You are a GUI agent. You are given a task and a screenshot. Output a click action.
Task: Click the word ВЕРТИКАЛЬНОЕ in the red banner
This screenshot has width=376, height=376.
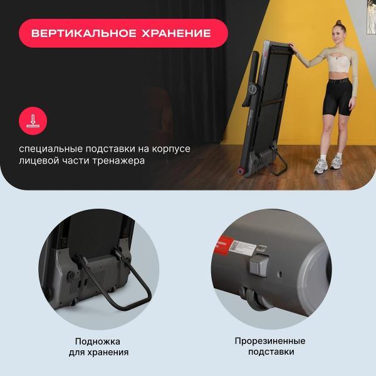pyautogui.click(x=84, y=33)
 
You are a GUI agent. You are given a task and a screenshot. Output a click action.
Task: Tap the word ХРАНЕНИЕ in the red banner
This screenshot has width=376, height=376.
pyautogui.click(x=176, y=33)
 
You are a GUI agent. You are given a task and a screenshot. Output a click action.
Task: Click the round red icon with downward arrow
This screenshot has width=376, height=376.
pyautogui.click(x=33, y=120)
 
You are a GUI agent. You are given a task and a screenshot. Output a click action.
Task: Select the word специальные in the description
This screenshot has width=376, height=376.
pyautogui.click(x=50, y=149)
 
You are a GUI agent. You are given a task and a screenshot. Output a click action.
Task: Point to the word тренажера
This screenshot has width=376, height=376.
pyautogui.click(x=118, y=161)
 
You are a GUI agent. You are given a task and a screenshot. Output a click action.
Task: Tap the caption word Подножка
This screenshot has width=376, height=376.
pyautogui.click(x=98, y=342)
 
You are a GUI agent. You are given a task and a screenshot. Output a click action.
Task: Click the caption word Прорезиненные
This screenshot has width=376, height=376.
pyautogui.click(x=270, y=342)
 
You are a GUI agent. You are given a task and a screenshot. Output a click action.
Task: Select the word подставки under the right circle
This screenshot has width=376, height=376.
pyautogui.click(x=271, y=352)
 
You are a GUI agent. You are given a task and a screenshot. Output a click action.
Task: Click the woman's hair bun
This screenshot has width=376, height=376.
pyautogui.click(x=338, y=23)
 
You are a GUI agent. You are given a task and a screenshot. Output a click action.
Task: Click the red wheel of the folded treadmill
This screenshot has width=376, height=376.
pyautogui.click(x=241, y=172)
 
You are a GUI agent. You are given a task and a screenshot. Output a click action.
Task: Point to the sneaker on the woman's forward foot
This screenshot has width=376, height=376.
pyautogui.click(x=321, y=166)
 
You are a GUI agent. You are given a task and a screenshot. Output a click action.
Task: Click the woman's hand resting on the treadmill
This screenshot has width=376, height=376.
pyautogui.click(x=291, y=46)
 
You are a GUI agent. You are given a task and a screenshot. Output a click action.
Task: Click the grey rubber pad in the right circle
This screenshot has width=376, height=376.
pyautogui.click(x=258, y=266)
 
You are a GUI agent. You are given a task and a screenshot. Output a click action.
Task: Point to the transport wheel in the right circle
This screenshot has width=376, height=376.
pyautogui.click(x=255, y=300)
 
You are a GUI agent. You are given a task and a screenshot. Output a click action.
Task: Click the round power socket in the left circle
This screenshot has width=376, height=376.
pyautogui.click(x=71, y=276)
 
